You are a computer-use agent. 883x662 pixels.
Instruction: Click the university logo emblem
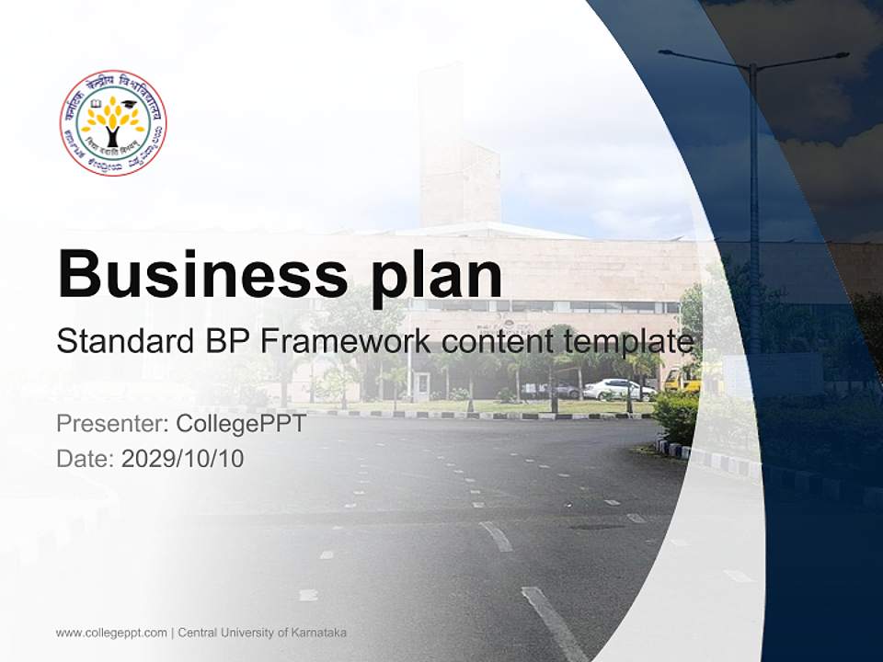113,122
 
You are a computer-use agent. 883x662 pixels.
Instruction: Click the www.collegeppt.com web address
111,633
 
